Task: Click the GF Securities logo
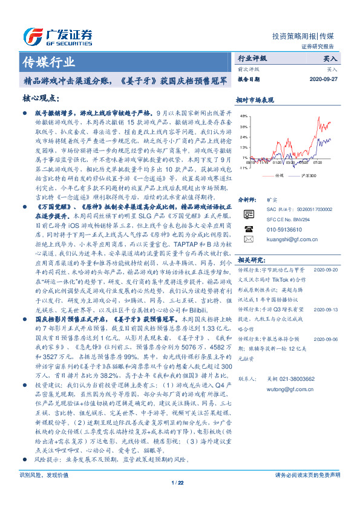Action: [57, 34]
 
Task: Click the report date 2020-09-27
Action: [326, 79]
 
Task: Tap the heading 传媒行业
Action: [48, 61]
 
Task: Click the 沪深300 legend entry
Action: [309, 175]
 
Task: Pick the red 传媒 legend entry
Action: [276, 175]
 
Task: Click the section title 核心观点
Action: [41, 98]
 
